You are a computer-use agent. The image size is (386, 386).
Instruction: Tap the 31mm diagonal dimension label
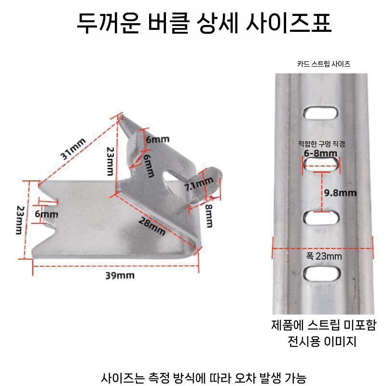[73, 149]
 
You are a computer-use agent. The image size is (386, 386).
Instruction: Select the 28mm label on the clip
[152, 226]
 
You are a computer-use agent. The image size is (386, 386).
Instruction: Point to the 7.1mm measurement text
[199, 184]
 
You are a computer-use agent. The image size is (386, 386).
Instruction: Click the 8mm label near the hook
[209, 216]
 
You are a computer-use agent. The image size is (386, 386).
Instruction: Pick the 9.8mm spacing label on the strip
[340, 193]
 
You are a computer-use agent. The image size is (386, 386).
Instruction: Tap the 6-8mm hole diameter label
[320, 153]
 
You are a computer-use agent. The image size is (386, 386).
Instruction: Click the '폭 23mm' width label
[324, 256]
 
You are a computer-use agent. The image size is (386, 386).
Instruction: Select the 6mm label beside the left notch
[46, 214]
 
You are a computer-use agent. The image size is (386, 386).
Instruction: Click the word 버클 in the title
[168, 23]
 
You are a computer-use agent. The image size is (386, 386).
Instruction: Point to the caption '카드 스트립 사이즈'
[324, 64]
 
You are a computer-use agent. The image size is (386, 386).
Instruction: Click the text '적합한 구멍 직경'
[321, 143]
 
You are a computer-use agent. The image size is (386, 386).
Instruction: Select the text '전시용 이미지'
[322, 342]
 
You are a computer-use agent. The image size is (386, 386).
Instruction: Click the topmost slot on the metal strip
[320, 113]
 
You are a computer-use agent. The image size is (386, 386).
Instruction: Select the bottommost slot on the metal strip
[322, 274]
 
